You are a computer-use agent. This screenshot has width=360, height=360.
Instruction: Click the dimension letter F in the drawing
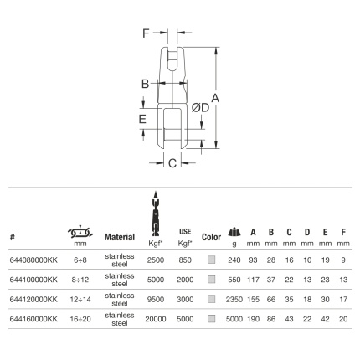146,33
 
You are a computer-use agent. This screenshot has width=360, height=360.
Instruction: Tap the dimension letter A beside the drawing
215,98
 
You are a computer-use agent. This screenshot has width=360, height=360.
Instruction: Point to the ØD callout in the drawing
200,107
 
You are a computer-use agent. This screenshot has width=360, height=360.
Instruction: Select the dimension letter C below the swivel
172,163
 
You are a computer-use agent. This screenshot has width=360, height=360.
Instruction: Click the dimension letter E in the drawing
142,119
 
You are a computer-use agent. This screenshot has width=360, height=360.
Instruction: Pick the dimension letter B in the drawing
146,84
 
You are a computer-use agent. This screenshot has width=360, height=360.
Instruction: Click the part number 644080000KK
33,260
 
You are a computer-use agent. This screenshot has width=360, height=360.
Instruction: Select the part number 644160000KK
33,319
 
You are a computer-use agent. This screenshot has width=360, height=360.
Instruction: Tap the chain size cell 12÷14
80,300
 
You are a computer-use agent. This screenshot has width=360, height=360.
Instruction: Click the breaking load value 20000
156,319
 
